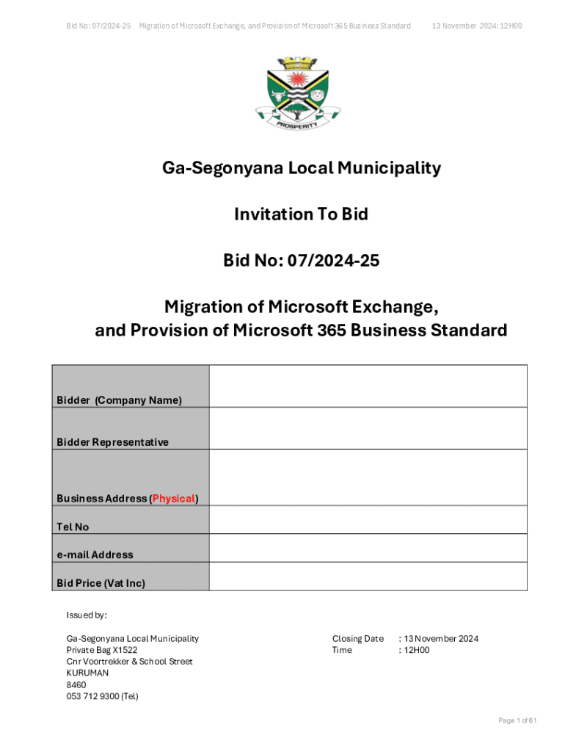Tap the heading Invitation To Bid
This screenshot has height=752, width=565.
301,214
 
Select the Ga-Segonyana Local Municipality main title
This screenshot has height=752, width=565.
301,169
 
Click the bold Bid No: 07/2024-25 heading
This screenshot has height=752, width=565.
301,260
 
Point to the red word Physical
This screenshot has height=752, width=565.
174,499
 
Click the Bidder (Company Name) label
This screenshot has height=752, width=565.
119,400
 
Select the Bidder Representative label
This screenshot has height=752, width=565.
112,442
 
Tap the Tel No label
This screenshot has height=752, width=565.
73,527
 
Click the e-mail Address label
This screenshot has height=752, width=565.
95,554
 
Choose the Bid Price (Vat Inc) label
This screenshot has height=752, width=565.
101,583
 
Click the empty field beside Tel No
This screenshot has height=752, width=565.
368,520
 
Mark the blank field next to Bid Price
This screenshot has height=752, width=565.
368,576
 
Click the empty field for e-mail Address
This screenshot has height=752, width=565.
368,548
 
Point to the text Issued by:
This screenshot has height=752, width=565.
87,615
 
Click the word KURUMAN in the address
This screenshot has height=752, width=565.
87,673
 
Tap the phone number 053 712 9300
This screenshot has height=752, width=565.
102,696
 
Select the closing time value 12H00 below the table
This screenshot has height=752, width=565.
415,650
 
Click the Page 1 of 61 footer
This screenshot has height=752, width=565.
517,720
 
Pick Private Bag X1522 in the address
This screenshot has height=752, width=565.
101,650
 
